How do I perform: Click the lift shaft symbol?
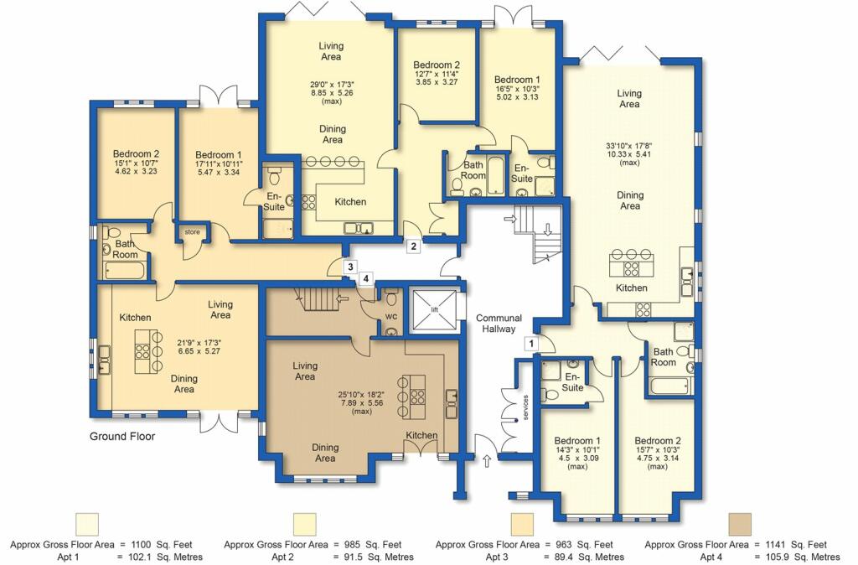point(434,310)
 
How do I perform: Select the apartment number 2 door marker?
point(414,246)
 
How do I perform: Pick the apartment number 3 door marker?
point(350,267)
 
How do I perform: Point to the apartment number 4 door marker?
point(365,278)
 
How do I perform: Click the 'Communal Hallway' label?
point(499,323)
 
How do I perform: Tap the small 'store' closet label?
point(192,232)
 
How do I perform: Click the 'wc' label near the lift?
point(390,316)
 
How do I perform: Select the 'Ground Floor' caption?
point(122,437)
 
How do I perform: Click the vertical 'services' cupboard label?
point(526,407)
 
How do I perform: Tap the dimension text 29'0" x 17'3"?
point(332,85)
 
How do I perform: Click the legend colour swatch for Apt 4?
point(740,524)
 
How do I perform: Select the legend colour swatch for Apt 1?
point(86,524)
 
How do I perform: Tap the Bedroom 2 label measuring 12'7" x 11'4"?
point(436,65)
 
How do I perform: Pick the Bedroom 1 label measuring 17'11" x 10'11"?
point(219,155)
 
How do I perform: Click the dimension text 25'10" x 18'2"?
point(362,394)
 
